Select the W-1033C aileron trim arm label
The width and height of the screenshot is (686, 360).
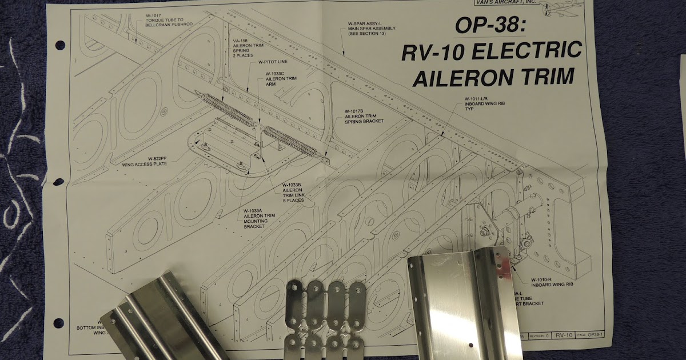[280, 78]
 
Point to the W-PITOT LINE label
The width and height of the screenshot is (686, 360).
[273, 62]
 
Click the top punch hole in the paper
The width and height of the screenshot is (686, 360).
[59, 45]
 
